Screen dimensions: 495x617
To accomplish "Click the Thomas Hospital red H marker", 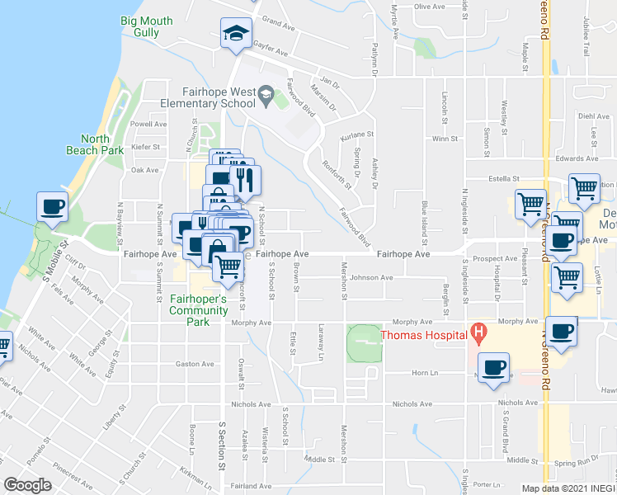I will tap(477, 333).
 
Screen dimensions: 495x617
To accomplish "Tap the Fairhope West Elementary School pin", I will tap(266, 97).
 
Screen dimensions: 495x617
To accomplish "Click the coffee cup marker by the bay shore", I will tap(51, 207).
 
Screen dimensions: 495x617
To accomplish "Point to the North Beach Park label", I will tap(95, 144).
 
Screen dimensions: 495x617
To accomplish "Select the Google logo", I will tap(27, 485).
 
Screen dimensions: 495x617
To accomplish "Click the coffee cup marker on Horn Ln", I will tap(494, 368).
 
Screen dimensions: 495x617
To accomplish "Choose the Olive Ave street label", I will tap(429, 7).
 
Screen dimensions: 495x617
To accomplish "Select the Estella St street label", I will tap(504, 178).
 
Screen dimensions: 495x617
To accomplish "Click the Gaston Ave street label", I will tap(189, 363).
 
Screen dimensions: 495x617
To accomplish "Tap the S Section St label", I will tap(221, 445).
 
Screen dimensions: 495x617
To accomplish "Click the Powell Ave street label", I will tap(148, 124).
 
